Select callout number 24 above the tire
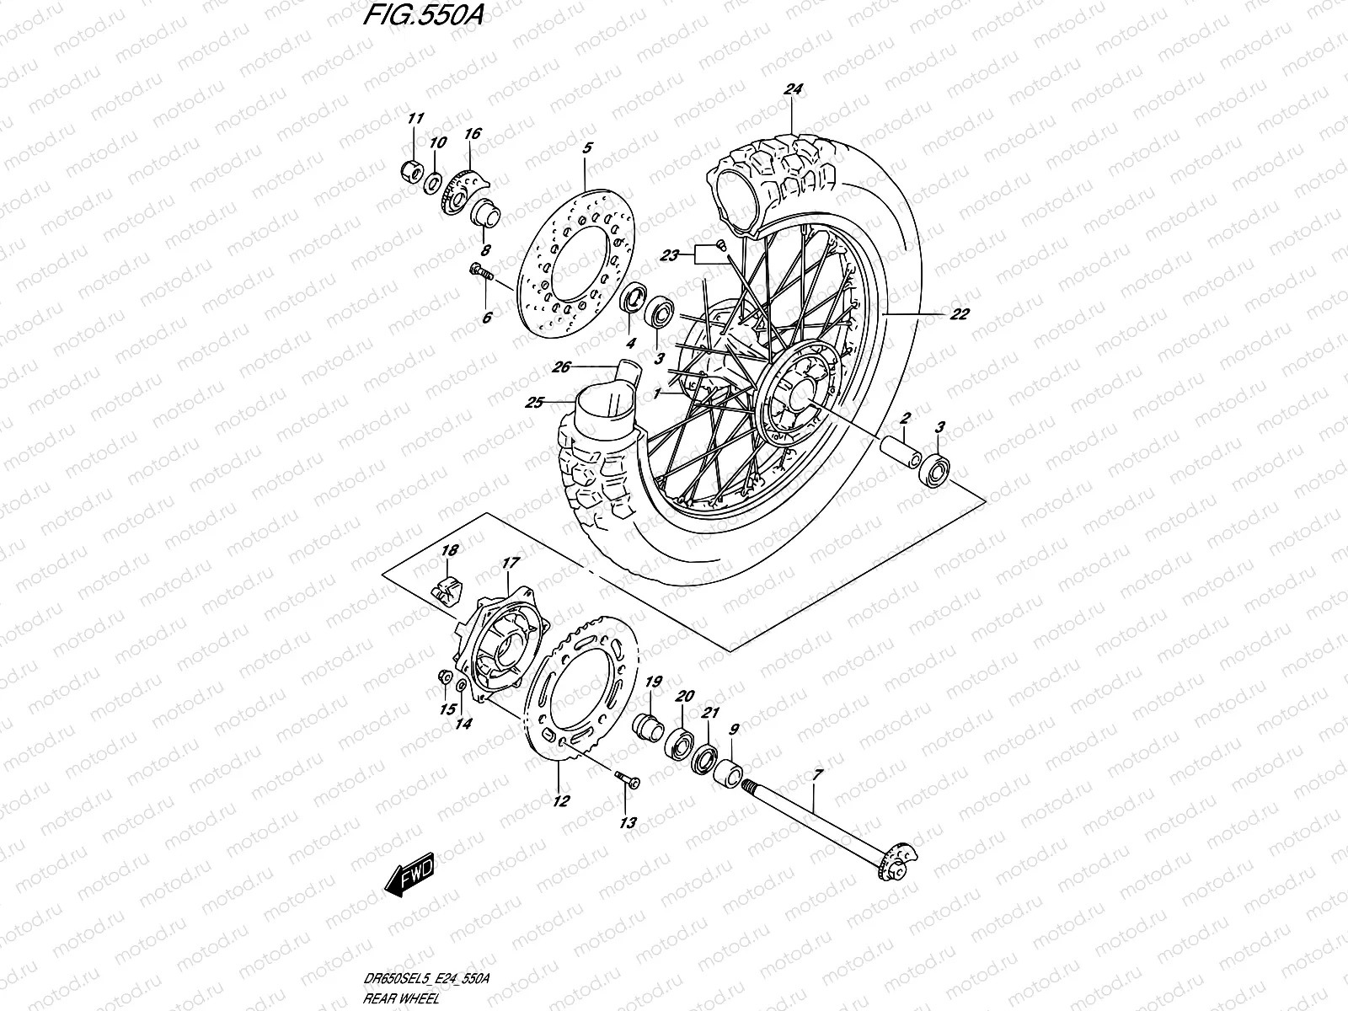(792, 89)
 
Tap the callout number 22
(959, 314)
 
